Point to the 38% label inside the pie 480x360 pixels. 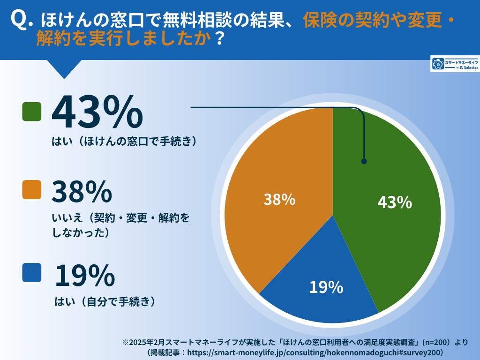click(x=279, y=199)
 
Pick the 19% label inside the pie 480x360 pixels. click(x=326, y=287)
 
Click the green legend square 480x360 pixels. click(x=32, y=112)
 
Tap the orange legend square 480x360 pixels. click(x=32, y=190)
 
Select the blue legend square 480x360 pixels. click(x=32, y=272)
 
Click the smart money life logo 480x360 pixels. click(x=454, y=64)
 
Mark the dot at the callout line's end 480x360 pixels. click(x=364, y=161)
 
